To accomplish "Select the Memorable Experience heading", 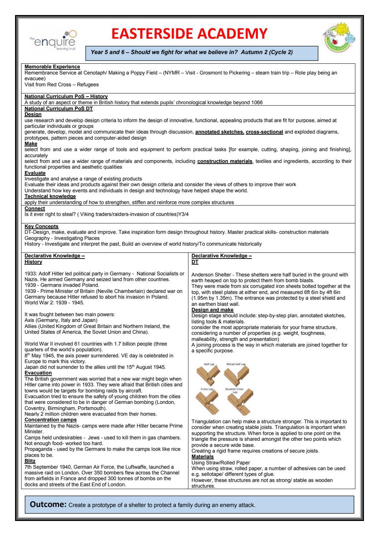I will [x=52, y=67].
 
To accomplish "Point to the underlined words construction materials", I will [x=225, y=161].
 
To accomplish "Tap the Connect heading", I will [x=35, y=208].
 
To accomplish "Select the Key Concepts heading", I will [x=42, y=226].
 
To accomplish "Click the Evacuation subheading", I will [x=38, y=373].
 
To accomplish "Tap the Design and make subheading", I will [x=212, y=310].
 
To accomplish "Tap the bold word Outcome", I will [x=48, y=505].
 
